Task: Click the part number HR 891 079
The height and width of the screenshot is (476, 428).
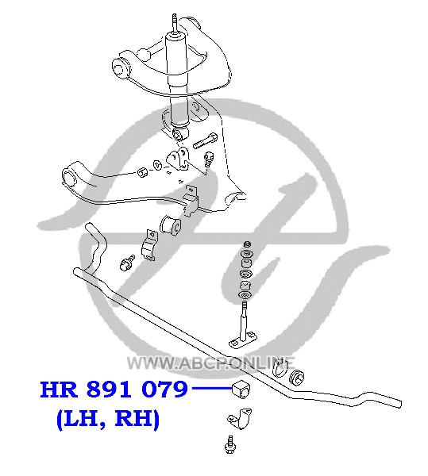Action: [114, 390]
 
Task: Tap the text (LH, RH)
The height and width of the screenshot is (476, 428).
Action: [108, 419]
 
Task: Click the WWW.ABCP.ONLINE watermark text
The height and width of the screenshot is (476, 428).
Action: [210, 363]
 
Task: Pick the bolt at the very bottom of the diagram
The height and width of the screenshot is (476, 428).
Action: [231, 444]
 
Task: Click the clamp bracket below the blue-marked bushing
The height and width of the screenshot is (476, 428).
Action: [240, 419]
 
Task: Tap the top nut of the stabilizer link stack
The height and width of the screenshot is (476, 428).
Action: [248, 244]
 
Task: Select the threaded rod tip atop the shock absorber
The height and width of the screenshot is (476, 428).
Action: [174, 22]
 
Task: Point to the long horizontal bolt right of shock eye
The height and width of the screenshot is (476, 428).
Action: [205, 141]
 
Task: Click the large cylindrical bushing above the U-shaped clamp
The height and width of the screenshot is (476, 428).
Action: [171, 225]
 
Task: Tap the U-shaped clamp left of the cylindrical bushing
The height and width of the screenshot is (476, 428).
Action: [149, 246]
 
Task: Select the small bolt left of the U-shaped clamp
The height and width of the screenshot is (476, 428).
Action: [127, 263]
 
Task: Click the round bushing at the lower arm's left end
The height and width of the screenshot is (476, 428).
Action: [70, 177]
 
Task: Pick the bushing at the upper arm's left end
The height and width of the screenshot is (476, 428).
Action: [120, 67]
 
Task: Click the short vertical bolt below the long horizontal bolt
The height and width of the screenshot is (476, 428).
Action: [208, 159]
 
